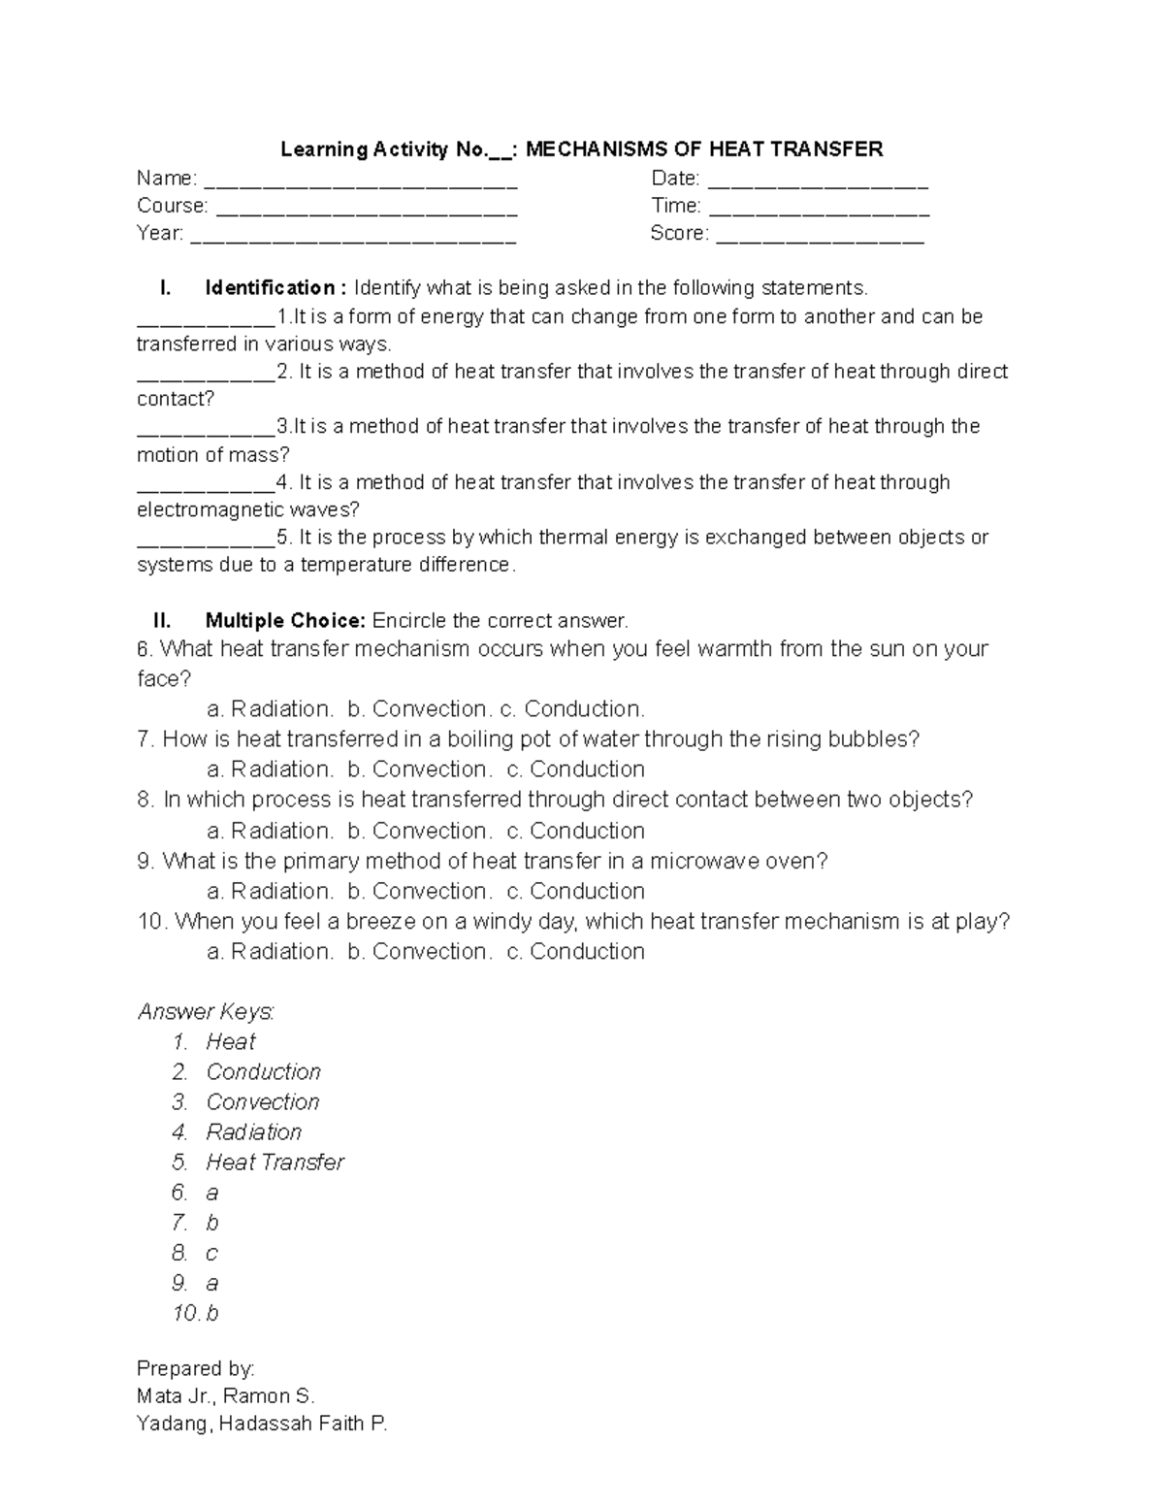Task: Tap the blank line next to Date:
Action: coord(819,180)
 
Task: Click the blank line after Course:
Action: coord(366,208)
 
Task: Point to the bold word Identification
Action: coord(270,288)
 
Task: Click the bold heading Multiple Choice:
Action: coord(285,621)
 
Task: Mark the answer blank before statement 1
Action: coord(206,318)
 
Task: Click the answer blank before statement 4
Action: coord(206,483)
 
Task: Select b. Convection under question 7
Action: coord(418,770)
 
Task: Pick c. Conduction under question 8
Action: coord(575,831)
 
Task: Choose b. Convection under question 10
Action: coord(418,952)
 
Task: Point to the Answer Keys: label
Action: coord(206,1012)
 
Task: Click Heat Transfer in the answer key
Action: coord(275,1163)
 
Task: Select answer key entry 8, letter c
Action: coord(211,1253)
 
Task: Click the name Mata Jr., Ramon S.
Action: coord(226,1396)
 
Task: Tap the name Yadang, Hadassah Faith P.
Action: coord(262,1425)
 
